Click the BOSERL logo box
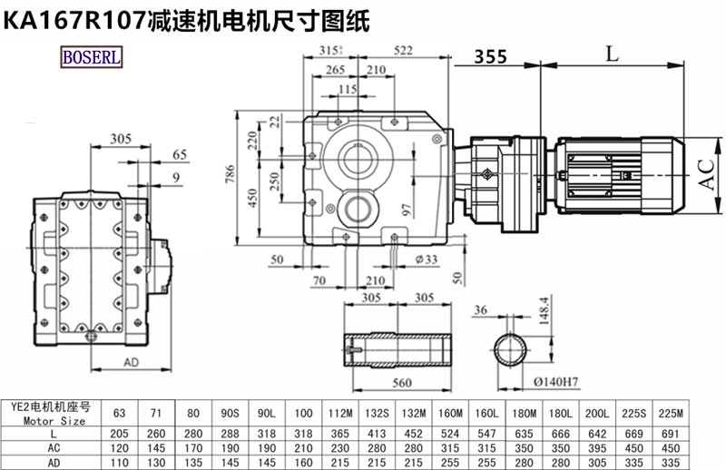pos(93,57)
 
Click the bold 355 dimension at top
pos(490,56)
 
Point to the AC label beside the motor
pos(705,171)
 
